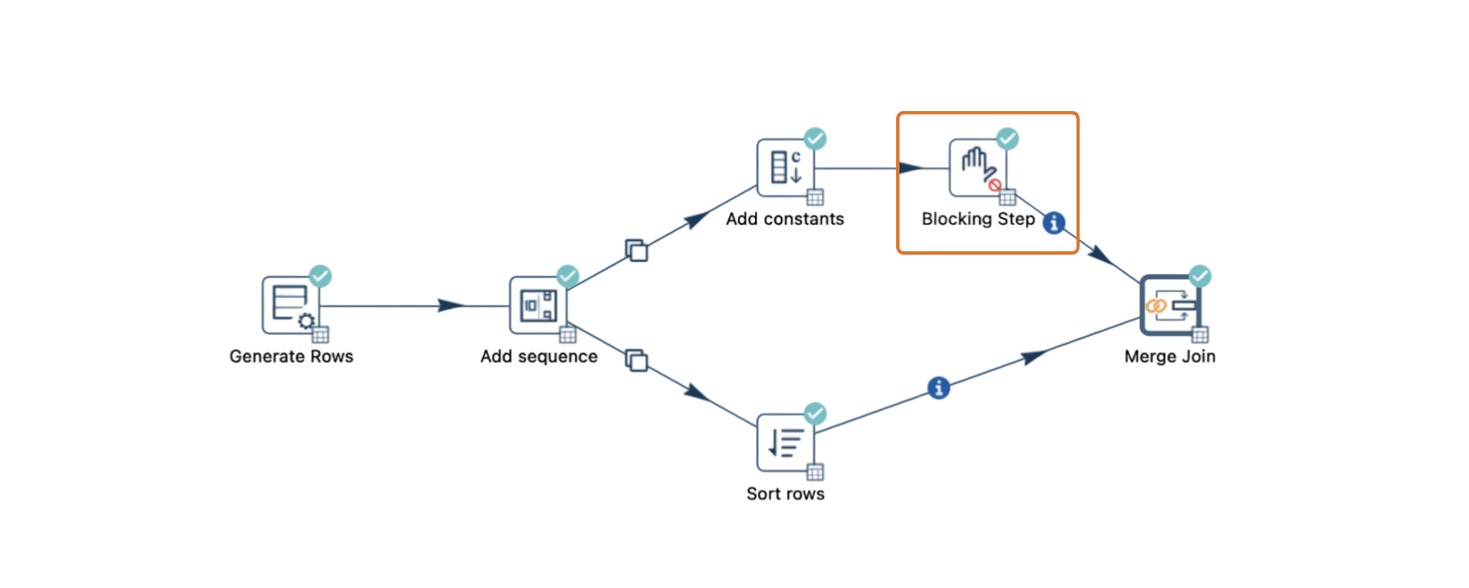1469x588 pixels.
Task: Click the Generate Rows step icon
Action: click(x=290, y=305)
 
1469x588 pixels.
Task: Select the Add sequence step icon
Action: click(x=538, y=305)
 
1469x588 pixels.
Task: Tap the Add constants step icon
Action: click(x=785, y=168)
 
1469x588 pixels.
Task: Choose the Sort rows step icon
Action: click(x=785, y=443)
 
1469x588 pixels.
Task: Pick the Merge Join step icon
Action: click(x=1170, y=305)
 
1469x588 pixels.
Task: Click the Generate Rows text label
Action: click(x=291, y=356)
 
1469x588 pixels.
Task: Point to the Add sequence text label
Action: click(x=539, y=356)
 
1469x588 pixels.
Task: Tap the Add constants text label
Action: click(x=785, y=219)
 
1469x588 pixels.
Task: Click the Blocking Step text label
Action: click(x=978, y=219)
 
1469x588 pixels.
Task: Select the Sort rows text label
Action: click(x=785, y=494)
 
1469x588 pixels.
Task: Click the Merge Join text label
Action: click(x=1170, y=356)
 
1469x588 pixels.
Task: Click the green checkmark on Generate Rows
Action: click(x=321, y=276)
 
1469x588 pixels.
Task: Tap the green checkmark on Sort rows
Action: click(x=816, y=414)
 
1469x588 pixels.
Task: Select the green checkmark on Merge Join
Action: click(x=1201, y=276)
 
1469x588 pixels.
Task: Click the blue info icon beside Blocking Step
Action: click(x=1054, y=222)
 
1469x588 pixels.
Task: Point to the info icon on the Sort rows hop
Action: click(x=939, y=388)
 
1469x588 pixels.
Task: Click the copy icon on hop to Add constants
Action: click(x=636, y=250)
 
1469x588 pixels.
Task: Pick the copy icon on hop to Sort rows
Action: click(x=636, y=360)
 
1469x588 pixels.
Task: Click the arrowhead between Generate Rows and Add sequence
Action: click(x=451, y=305)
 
